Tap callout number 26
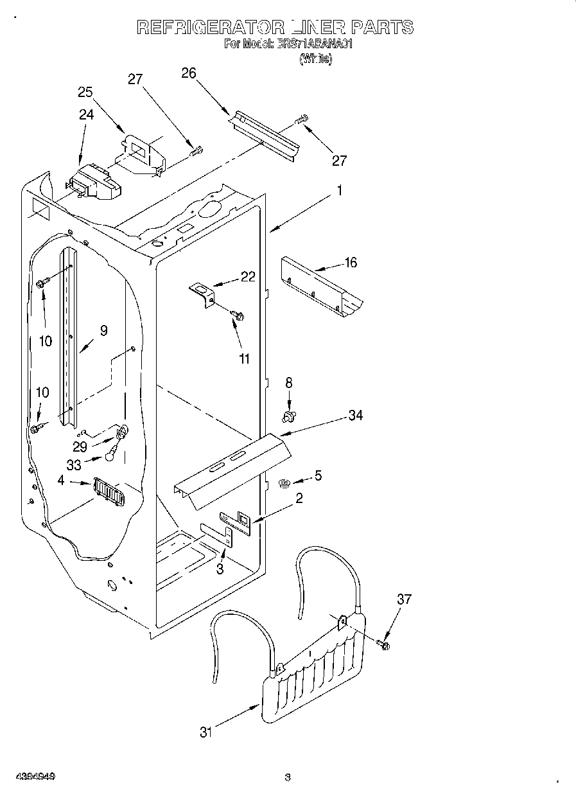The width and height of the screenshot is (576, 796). [x=188, y=73]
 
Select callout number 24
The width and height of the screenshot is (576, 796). [x=86, y=114]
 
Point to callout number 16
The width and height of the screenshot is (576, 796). [x=351, y=262]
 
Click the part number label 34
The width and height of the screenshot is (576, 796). [x=355, y=416]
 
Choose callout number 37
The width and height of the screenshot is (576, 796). [x=404, y=599]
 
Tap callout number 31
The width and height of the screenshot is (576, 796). [x=205, y=731]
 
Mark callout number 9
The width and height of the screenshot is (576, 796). [x=103, y=330]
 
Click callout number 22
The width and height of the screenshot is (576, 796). [x=247, y=276]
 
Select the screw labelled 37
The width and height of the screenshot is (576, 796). [x=385, y=644]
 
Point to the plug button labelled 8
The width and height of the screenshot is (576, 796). [x=288, y=417]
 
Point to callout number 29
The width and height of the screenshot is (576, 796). [x=80, y=447]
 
